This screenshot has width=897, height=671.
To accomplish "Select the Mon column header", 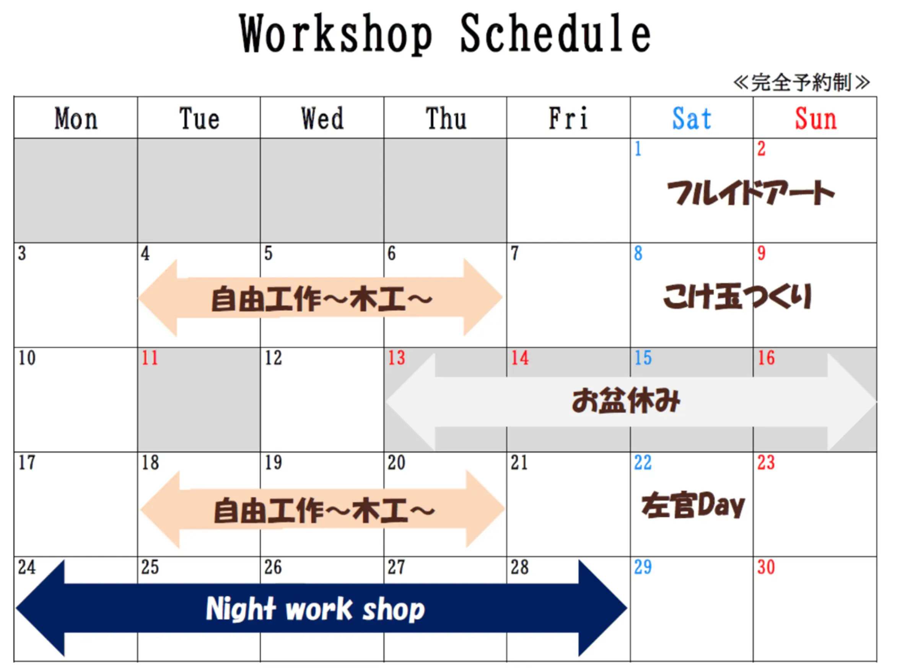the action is [76, 118].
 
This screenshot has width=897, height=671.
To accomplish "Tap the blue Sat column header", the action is [692, 118].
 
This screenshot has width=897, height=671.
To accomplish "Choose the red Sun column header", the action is [816, 118].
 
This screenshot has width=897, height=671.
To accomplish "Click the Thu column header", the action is [446, 118].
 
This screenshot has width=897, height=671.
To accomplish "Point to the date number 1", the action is [638, 149].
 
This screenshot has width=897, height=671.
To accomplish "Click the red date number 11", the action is [150, 358].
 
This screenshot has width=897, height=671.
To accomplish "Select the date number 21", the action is [519, 462].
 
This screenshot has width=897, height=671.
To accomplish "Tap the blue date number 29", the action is [643, 567].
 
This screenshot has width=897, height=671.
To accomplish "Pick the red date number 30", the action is [766, 567].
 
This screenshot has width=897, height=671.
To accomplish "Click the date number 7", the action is [514, 253].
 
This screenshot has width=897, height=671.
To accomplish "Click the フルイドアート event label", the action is [750, 193].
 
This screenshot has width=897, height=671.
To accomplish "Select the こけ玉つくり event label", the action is [737, 297].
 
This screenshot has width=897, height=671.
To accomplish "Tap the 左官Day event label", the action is [693, 505].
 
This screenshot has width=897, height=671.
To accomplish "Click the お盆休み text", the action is [626, 400].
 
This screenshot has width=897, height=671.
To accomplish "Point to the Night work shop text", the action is [316, 609].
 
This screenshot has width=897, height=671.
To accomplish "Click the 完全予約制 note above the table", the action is [801, 83].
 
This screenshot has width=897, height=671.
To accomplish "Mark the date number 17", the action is [27, 462].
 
